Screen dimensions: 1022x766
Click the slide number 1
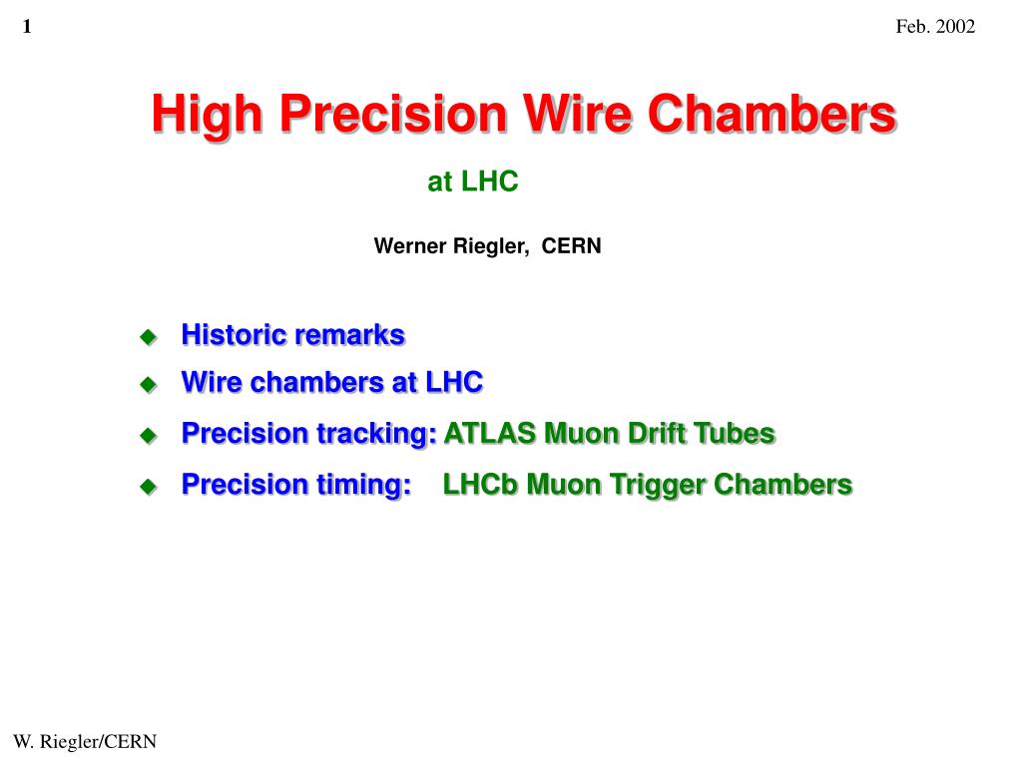tap(27, 26)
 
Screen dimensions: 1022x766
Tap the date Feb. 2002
tap(935, 26)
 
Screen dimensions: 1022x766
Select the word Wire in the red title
tap(578, 114)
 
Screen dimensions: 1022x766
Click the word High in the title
tap(208, 115)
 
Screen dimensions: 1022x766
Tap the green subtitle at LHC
tap(472, 182)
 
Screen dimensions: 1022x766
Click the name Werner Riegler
tap(450, 246)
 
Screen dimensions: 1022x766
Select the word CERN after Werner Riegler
tap(572, 245)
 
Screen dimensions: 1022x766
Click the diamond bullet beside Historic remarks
tap(149, 337)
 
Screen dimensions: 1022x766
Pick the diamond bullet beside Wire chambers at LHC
tap(149, 384)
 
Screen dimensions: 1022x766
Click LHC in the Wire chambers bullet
tap(454, 382)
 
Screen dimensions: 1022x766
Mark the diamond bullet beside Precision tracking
tap(149, 435)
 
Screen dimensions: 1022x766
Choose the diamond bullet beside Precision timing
tap(149, 486)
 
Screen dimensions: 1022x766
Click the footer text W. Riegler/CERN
tap(85, 741)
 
